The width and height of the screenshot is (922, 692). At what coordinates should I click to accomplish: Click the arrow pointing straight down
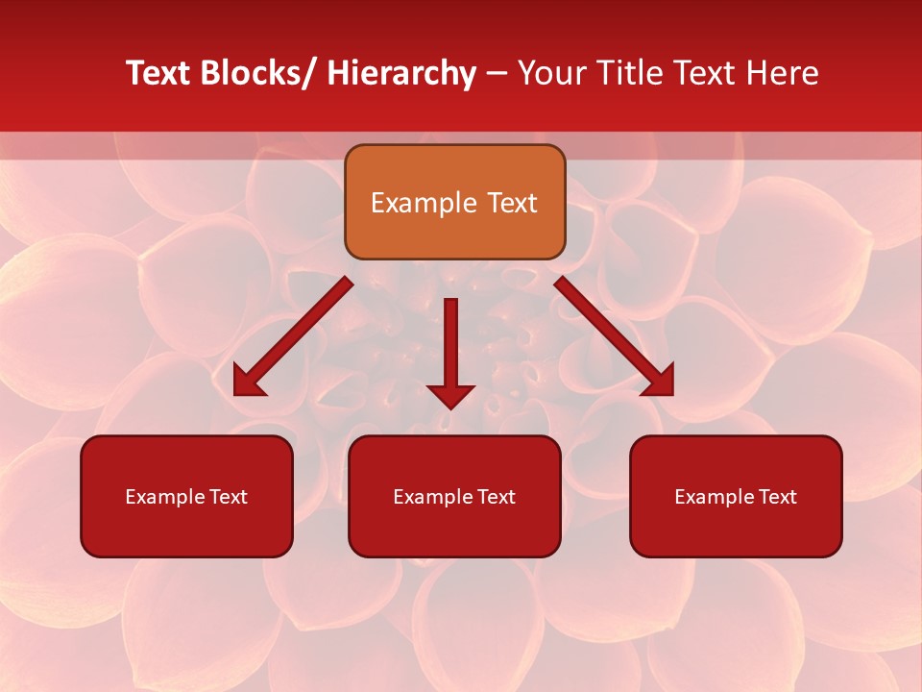[x=450, y=351]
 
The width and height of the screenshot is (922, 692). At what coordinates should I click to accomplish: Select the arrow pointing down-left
[x=293, y=336]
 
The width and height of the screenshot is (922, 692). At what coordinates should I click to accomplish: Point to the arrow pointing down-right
[x=615, y=336]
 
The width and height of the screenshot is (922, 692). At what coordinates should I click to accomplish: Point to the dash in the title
[x=496, y=74]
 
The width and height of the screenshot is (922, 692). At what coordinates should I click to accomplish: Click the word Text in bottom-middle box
[x=495, y=497]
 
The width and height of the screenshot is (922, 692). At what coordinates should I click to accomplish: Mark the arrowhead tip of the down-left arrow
[x=234, y=395]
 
